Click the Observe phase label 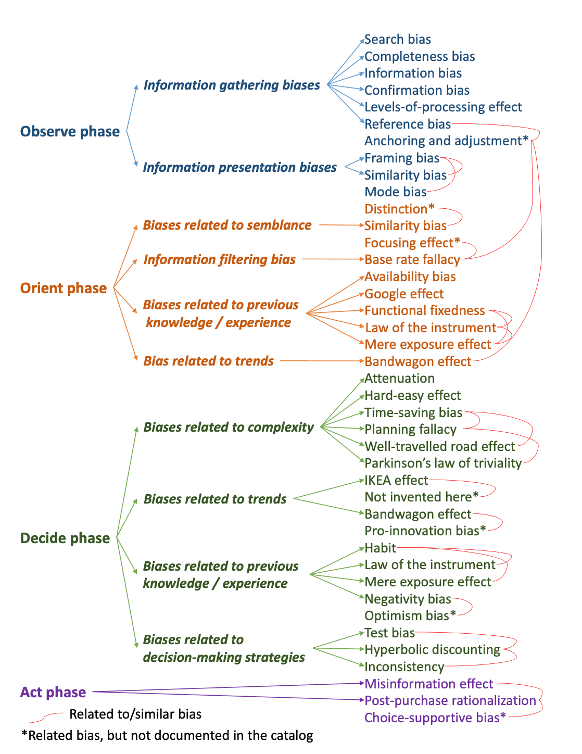coord(70,132)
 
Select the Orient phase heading coord(64,288)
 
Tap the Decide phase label coord(65,538)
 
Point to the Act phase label coord(53,693)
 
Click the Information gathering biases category coord(232,85)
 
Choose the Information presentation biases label coord(240,168)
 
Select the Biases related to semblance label coord(227,225)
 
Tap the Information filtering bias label coord(220,260)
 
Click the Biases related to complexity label coord(229,428)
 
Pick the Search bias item coord(398,40)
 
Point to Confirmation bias coord(417,91)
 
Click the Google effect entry coord(404,294)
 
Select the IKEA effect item coord(396,481)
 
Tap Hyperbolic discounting coord(432,650)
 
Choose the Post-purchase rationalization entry coord(450,701)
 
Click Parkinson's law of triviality coord(443,463)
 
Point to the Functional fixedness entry coord(425,311)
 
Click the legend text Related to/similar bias coord(135,714)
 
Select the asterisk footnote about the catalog coord(167,736)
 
